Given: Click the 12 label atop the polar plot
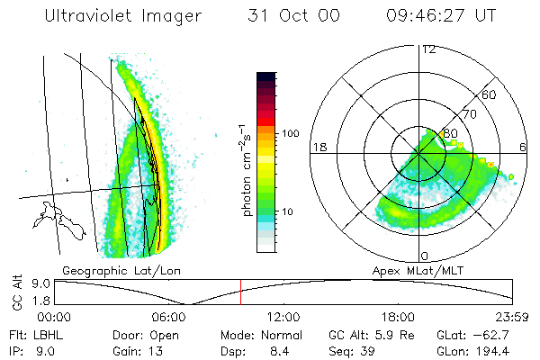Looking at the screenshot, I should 428,49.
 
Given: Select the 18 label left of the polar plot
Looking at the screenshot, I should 319,147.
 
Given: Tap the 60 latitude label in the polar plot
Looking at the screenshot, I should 490,94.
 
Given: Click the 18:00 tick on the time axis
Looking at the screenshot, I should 398,316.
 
